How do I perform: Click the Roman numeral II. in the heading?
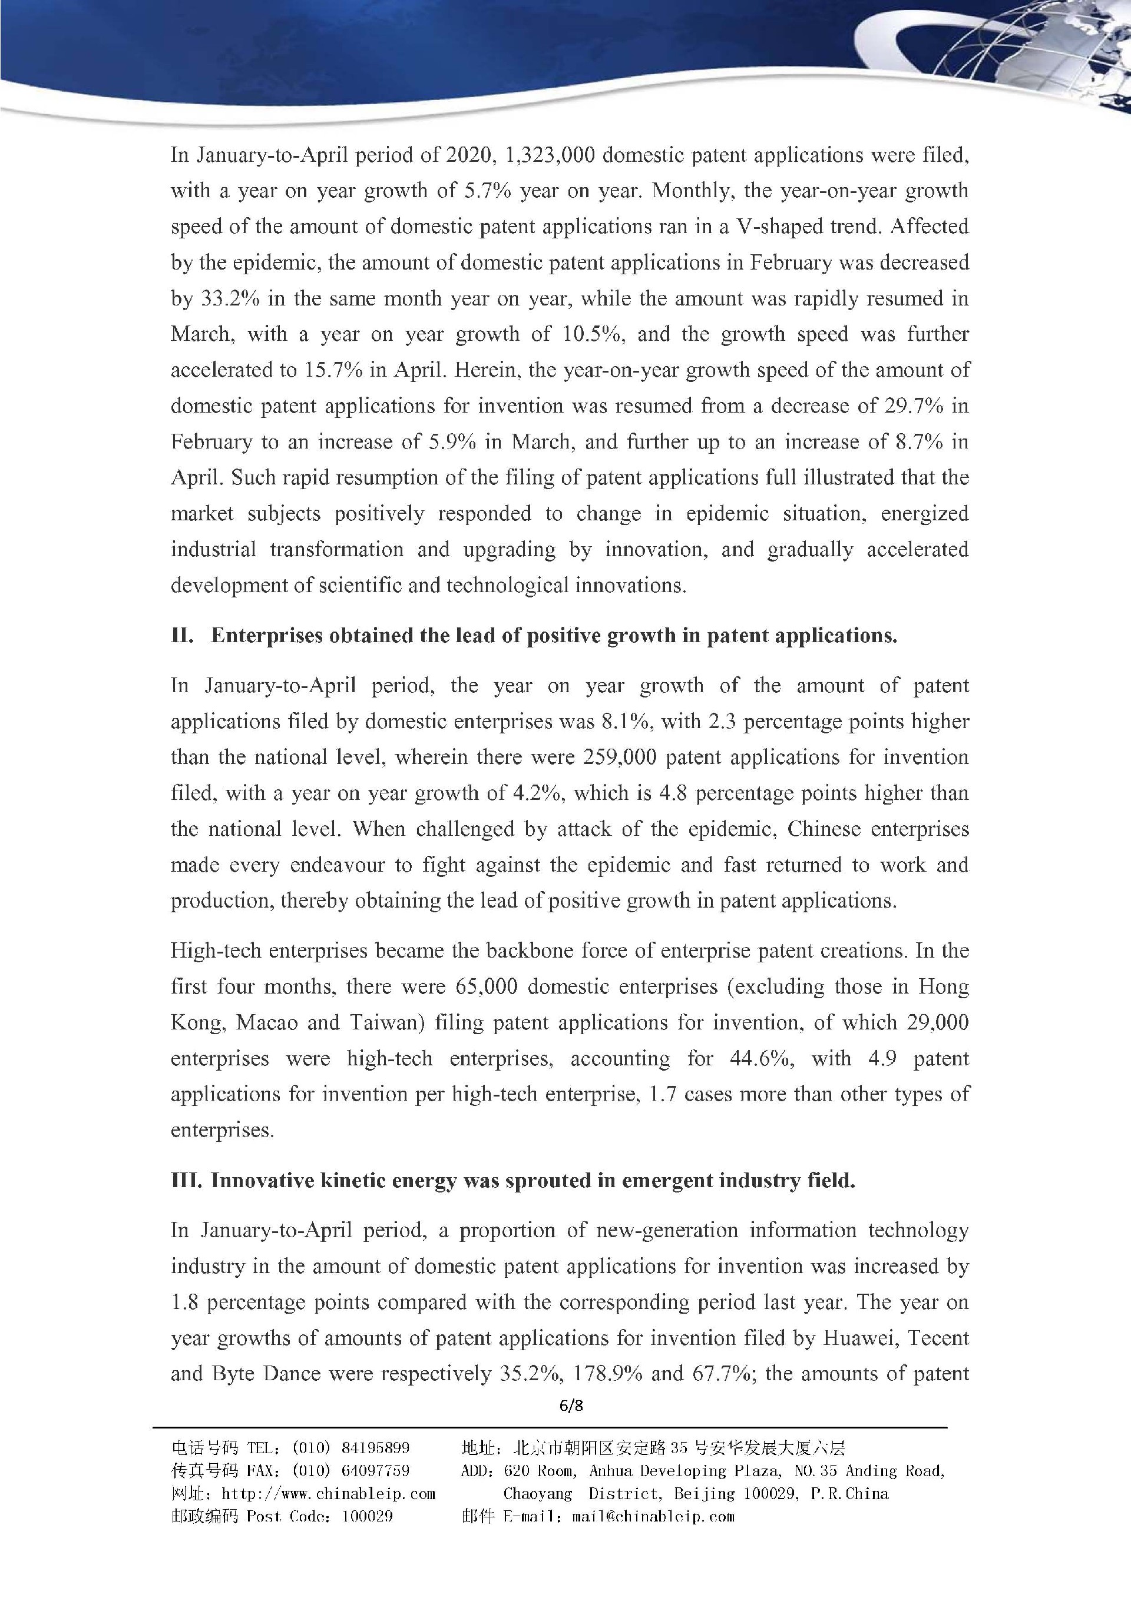[x=183, y=636]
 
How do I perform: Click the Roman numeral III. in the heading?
[x=186, y=1181]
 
